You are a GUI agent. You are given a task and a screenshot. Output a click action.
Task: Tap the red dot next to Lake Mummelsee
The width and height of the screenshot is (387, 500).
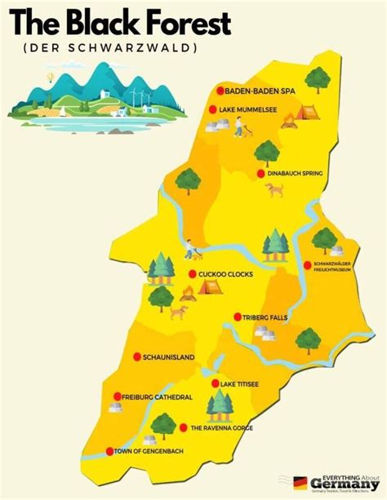coord(213,109)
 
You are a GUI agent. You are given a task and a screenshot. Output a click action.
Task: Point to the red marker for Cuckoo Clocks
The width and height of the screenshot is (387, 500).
coord(192,274)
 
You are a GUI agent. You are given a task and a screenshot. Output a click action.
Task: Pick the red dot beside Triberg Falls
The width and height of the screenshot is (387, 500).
coord(238,316)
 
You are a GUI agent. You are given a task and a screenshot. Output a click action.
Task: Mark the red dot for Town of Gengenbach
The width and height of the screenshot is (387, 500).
coord(109,451)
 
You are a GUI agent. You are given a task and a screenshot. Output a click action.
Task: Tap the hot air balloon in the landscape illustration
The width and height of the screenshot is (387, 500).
coord(51,77)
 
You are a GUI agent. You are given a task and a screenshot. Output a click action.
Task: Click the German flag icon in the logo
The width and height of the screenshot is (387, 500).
coord(300,484)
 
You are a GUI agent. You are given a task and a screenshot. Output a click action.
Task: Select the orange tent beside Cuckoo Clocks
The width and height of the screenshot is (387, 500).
coord(209,287)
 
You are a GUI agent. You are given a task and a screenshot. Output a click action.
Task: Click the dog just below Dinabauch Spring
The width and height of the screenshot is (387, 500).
coord(274,190)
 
